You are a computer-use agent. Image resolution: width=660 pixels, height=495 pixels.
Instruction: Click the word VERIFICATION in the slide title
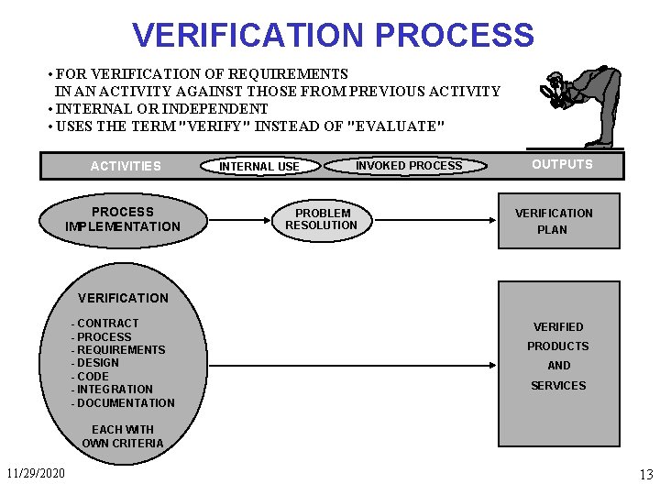point(248,35)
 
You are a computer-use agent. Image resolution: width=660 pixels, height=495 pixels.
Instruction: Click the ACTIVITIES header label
point(126,166)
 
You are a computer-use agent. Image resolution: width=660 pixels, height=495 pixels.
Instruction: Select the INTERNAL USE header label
point(259,167)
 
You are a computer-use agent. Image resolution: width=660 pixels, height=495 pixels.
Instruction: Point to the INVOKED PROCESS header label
point(409,165)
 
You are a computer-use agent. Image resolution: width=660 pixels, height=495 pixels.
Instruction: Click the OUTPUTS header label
point(562,164)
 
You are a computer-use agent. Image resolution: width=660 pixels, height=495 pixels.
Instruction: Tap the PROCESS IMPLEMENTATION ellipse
point(123,219)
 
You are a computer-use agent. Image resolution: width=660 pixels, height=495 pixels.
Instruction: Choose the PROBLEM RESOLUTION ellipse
point(321,219)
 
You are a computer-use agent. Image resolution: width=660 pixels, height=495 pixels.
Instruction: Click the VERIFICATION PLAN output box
point(557,221)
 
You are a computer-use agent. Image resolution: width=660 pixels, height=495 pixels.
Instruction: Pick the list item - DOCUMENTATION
point(123,402)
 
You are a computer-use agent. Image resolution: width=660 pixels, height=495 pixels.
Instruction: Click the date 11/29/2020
point(36,474)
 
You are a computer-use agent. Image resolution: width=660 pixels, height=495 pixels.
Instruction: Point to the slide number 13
point(645,475)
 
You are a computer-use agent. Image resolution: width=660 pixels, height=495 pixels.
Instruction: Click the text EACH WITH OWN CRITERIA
point(123,436)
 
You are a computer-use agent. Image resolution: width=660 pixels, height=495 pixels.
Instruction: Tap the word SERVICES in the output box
point(558,386)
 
